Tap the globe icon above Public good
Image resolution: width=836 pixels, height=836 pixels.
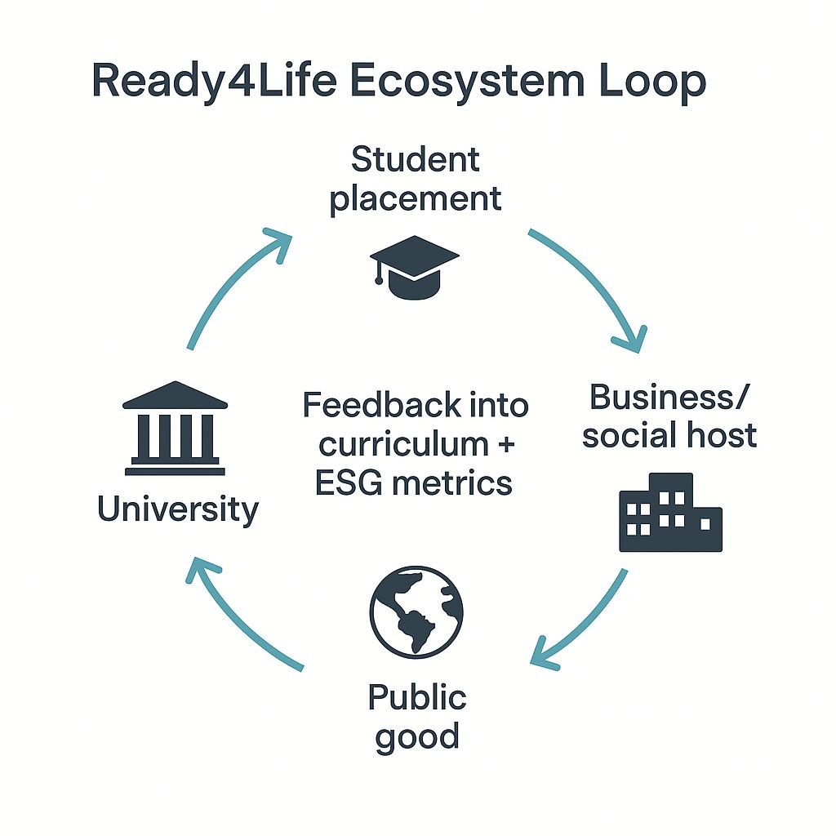point(416,611)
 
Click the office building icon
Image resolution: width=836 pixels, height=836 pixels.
point(670,513)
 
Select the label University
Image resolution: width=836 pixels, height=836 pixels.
point(177,510)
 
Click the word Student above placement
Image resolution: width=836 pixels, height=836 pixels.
point(416,160)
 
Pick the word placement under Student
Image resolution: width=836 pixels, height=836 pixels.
point(416,198)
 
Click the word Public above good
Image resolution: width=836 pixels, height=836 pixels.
point(416,698)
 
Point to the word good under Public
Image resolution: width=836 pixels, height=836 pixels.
point(416,737)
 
